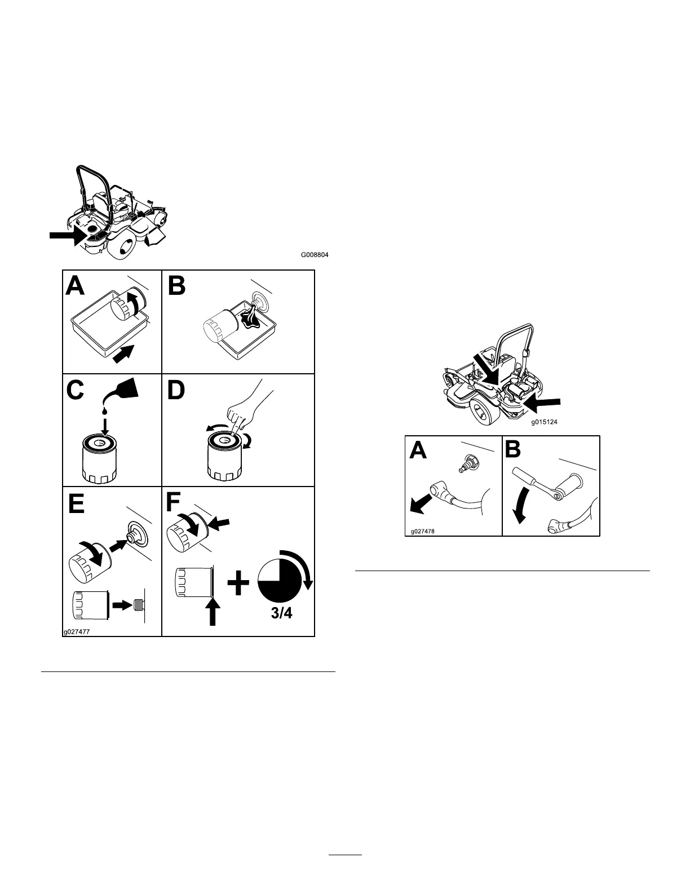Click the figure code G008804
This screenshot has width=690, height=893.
coord(315,255)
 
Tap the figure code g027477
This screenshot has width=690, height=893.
coord(76,632)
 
